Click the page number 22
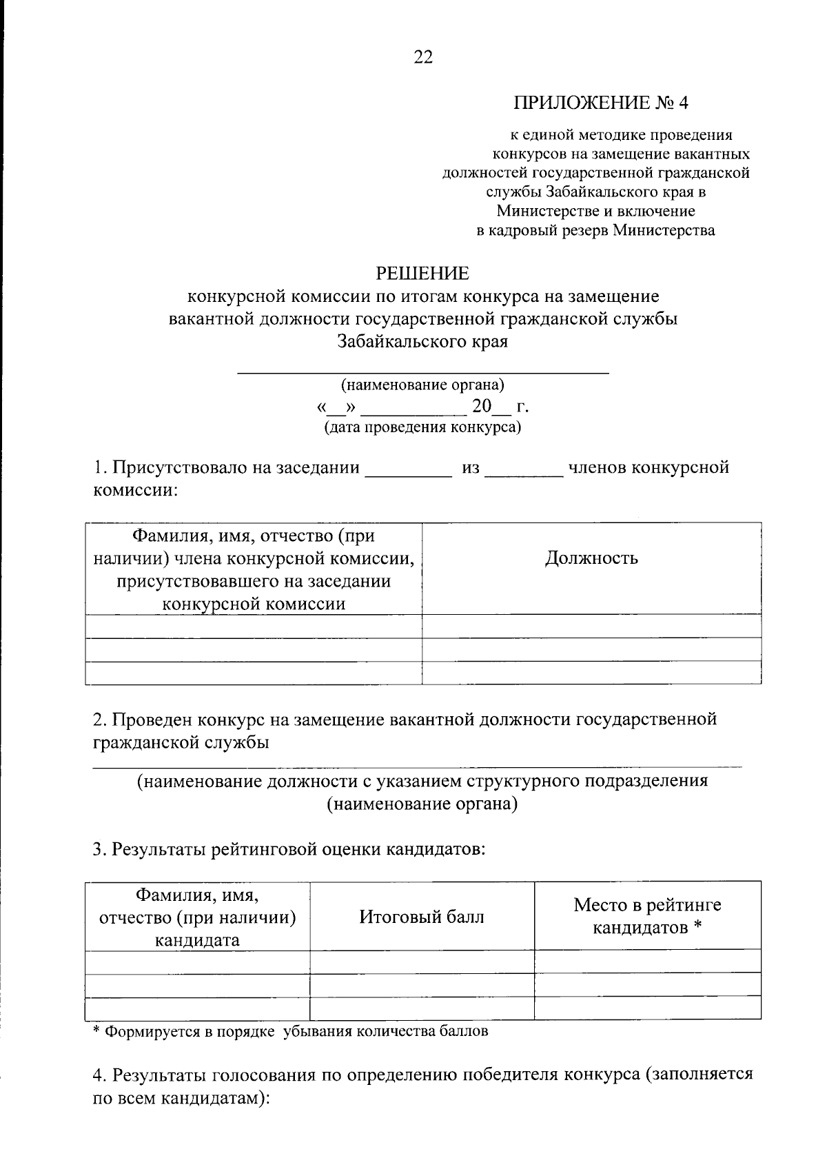(x=422, y=58)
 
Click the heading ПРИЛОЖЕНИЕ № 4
(x=600, y=103)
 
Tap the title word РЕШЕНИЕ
(x=422, y=274)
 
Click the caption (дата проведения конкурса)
(x=422, y=428)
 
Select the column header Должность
(x=591, y=558)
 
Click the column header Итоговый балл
(x=422, y=917)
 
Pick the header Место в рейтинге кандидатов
(x=647, y=916)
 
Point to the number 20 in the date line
(x=481, y=407)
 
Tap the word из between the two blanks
(x=471, y=469)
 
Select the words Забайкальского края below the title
(x=422, y=341)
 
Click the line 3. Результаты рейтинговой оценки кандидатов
(x=289, y=849)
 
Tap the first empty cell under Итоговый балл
(x=422, y=962)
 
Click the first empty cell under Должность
(x=591, y=626)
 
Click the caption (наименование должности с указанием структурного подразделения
(x=422, y=782)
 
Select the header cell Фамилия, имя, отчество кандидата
(x=197, y=917)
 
